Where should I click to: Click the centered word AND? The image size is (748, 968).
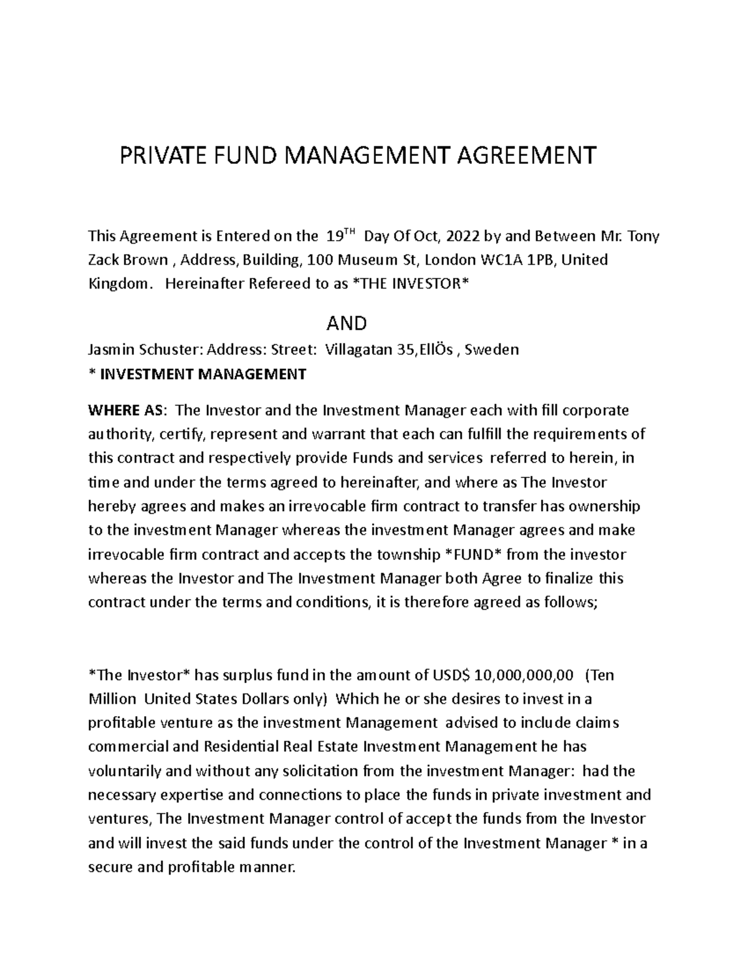[x=347, y=323]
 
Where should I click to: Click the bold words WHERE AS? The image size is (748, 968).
[x=127, y=411]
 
